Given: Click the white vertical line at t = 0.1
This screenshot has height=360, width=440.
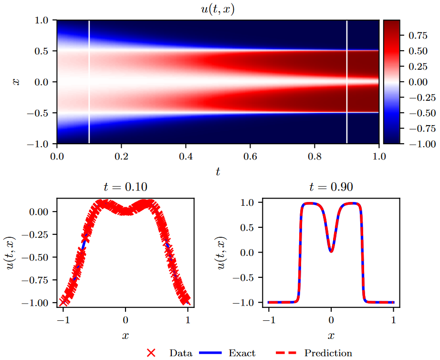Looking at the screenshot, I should (89, 82).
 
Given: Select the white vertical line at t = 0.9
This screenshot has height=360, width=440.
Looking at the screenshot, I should (347, 82).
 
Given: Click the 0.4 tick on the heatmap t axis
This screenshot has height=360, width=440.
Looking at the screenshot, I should (186, 155).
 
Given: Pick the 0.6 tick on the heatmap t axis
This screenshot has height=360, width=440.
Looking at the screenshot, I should (250, 155).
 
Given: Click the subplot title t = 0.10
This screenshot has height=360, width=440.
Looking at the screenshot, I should (125, 187).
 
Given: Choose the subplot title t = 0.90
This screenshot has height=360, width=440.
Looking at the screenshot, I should (331, 187).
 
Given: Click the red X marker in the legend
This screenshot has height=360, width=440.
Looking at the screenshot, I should (151, 353).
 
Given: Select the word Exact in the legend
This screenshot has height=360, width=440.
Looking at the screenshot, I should (242, 353).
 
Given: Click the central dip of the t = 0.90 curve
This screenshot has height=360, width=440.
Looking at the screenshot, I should (331, 251).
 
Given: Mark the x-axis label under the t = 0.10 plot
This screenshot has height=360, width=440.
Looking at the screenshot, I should (125, 336).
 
